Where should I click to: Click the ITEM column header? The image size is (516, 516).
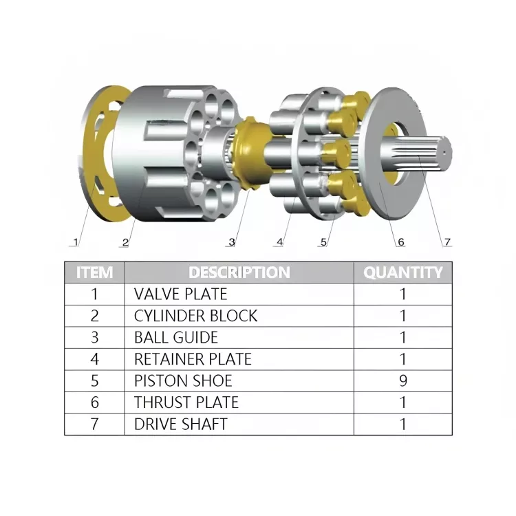[94, 272]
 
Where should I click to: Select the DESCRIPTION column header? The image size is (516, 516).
[239, 272]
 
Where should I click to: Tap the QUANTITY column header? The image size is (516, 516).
[402, 272]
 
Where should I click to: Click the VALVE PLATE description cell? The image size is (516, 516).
[180, 294]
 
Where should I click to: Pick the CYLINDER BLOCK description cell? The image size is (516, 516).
[195, 316]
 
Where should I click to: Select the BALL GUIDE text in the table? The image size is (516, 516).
[175, 337]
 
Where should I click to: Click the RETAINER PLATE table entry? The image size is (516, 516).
[193, 359]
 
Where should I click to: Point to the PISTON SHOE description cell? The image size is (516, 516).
[183, 380]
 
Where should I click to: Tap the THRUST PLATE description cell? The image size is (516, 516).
[186, 402]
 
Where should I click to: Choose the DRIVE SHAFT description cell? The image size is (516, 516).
[180, 424]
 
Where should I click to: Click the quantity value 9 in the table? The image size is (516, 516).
[402, 380]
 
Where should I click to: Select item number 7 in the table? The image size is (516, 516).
[94, 424]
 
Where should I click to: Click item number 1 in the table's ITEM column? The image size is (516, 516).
[94, 294]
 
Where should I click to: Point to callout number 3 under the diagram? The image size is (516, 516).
[232, 242]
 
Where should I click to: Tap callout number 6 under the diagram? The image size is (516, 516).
[400, 242]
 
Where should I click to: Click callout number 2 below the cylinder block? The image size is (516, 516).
[125, 242]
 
